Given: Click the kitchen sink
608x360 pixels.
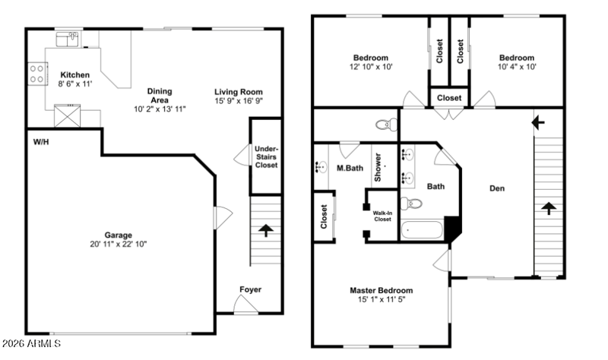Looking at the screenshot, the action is tap(67, 39).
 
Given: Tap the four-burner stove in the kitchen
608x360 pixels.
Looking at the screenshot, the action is tap(37, 74).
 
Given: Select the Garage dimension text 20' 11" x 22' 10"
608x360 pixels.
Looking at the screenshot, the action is tap(119, 244).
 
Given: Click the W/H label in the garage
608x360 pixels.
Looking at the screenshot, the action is tap(41, 142).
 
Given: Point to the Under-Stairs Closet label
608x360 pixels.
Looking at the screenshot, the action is tap(266, 157).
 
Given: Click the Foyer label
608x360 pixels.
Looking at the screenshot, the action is tap(251, 289).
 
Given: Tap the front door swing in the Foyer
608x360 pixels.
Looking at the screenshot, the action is tap(245, 304).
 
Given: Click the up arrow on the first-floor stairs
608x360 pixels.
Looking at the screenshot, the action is tap(265, 230).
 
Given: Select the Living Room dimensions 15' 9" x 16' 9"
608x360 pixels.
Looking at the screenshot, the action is tap(239, 101).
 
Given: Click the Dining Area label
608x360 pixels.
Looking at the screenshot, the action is tap(160, 96).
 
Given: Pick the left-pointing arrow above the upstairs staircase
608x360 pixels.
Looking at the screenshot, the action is tap(538, 122).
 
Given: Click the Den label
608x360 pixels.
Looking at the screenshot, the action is tap(497, 188).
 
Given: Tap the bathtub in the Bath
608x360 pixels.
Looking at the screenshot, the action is tap(422, 230).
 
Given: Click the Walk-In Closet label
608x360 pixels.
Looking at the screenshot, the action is tap(382, 216).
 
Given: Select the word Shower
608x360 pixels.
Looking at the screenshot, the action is tap(378, 167).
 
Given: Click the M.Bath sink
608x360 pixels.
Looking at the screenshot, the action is tap(321, 166).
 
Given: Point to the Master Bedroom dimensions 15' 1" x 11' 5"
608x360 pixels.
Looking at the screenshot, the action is tap(382, 299).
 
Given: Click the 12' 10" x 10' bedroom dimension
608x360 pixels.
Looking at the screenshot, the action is tap(371, 67).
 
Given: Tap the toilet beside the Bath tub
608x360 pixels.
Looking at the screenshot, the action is tap(411, 203).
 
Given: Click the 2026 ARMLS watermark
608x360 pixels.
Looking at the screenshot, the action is tap(31, 343).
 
